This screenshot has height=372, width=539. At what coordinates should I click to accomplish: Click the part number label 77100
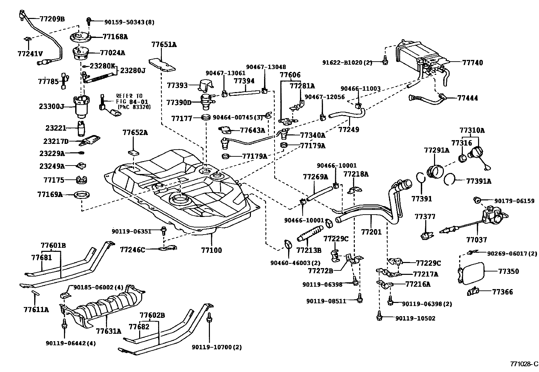click(x=211, y=250)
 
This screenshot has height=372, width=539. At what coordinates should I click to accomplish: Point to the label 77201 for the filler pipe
click(x=371, y=232)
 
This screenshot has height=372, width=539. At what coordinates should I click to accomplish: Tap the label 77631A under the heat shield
click(x=108, y=331)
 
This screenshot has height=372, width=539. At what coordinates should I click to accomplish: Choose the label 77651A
click(x=164, y=45)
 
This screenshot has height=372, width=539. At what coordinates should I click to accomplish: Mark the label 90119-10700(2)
click(x=217, y=347)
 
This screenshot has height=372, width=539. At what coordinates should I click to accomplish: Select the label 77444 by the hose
click(x=468, y=98)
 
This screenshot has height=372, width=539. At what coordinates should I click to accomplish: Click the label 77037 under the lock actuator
click(x=476, y=240)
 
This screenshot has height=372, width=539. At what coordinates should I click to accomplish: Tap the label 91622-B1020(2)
click(x=347, y=62)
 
